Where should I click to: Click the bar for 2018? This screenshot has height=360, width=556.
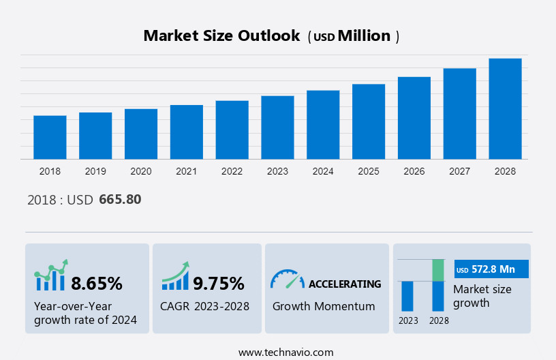[x=50, y=137]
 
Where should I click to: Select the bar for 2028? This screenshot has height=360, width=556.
[x=505, y=108]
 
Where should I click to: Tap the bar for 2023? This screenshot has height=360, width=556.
[x=277, y=127]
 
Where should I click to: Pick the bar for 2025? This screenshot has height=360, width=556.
[x=369, y=121]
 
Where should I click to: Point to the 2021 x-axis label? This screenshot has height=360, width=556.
[x=187, y=171]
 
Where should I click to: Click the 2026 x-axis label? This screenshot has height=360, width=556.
[x=414, y=171]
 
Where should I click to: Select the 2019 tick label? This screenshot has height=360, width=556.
[x=95, y=171]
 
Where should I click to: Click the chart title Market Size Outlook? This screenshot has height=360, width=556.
[x=221, y=36]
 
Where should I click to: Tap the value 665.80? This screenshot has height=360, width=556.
[x=120, y=200]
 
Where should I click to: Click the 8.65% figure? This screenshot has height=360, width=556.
[x=97, y=283]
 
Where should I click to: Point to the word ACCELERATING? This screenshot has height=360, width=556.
[x=345, y=284]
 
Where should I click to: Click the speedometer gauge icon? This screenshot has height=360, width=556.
[x=287, y=279]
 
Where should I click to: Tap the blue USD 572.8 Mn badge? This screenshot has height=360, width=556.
[x=491, y=269]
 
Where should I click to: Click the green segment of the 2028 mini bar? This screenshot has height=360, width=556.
[x=438, y=270]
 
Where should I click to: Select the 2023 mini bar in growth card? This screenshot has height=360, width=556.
[x=407, y=296]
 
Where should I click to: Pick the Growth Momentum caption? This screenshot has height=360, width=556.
[x=324, y=306]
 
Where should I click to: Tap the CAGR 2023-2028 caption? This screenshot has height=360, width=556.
[x=204, y=306]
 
